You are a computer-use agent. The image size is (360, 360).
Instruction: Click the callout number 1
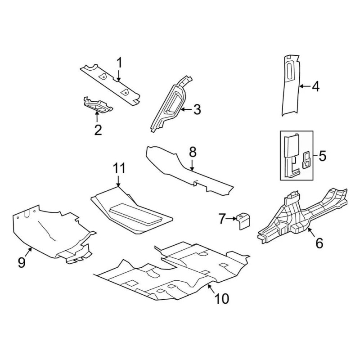(120, 62)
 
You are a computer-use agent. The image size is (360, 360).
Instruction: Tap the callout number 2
(98, 130)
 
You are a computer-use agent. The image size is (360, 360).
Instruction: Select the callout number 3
(197, 109)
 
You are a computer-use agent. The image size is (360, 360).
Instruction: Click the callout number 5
(322, 156)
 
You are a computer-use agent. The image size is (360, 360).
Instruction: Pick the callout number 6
(319, 243)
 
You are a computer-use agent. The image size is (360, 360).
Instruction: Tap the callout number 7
(221, 219)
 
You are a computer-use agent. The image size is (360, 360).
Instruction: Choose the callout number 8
(193, 152)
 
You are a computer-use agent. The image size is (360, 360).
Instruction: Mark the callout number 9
(22, 262)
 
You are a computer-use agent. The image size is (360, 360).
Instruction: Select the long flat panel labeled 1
(110, 83)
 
